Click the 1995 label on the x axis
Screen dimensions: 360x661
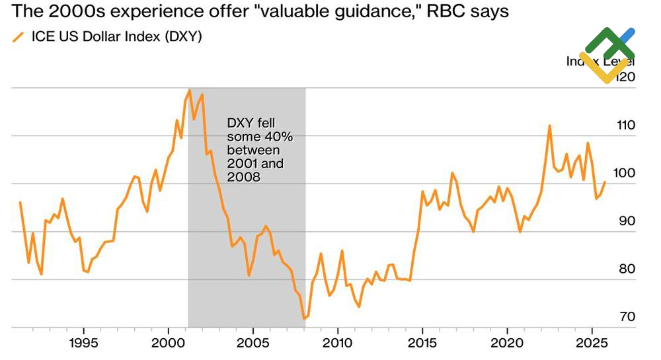click(84, 343)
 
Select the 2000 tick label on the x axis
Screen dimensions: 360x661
click(169, 343)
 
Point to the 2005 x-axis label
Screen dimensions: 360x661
click(253, 343)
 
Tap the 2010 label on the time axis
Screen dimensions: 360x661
click(338, 343)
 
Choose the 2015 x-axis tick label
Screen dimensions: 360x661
click(423, 343)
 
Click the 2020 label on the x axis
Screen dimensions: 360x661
click(508, 343)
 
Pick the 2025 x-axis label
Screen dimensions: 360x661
click(592, 343)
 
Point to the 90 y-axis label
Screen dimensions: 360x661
click(625, 221)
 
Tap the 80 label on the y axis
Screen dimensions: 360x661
click(625, 269)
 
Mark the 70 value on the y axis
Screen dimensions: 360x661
click(625, 317)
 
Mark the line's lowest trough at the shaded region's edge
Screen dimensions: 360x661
click(304, 319)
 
